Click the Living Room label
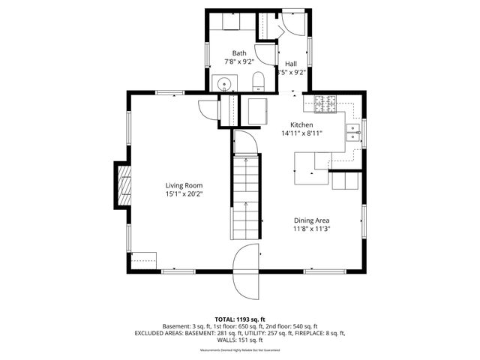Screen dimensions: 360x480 coord(184,185)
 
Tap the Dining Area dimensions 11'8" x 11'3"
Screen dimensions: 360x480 coord(312,229)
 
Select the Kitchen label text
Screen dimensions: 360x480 coord(301,125)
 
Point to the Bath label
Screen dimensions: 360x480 coord(238,53)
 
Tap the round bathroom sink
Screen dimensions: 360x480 coord(224,82)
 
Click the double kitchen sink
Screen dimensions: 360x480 coord(352,133)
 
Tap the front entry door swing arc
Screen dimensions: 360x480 coord(246,270)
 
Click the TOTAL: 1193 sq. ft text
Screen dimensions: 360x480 coord(239,319)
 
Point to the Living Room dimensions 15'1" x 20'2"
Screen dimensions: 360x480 coord(184,194)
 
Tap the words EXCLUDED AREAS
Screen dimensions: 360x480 coord(159,333)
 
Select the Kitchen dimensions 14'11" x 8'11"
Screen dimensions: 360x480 coord(301,134)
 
